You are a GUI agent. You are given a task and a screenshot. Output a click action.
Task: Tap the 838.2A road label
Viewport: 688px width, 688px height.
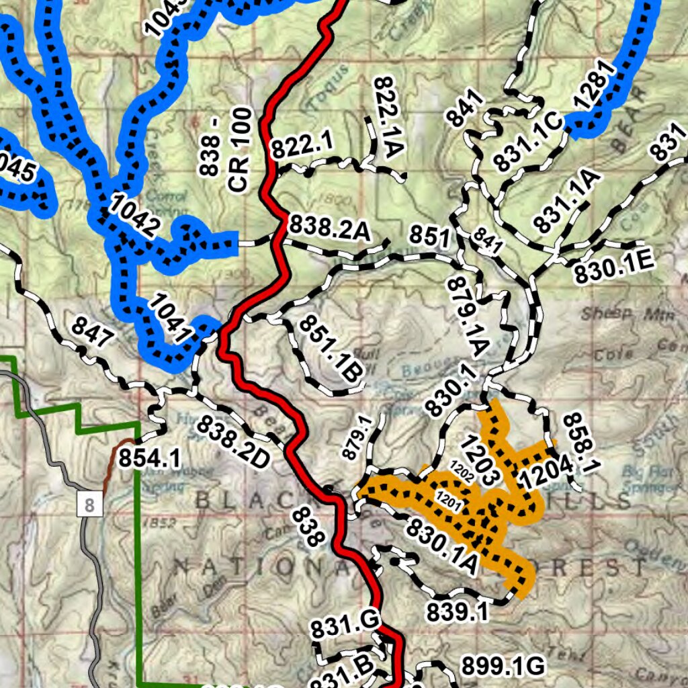tap(330, 229)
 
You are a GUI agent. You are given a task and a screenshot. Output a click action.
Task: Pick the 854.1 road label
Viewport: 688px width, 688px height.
tap(149, 458)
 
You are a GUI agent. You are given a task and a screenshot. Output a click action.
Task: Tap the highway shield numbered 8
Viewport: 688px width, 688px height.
tap(90, 504)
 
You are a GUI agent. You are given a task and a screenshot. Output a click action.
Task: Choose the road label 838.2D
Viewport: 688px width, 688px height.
tap(233, 443)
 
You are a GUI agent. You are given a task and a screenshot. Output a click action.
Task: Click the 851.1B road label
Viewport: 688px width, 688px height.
tap(331, 349)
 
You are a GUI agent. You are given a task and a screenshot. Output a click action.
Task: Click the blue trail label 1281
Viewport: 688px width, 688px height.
tap(595, 85)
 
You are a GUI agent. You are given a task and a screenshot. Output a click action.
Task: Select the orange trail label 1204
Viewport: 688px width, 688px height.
tap(545, 471)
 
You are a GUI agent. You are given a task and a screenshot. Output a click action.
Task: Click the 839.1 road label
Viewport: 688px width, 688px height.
tap(457, 611)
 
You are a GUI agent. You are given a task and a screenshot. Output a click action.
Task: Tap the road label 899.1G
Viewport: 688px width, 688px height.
tap(502, 666)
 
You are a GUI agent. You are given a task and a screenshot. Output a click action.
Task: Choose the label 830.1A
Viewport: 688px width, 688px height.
tap(441, 546)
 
